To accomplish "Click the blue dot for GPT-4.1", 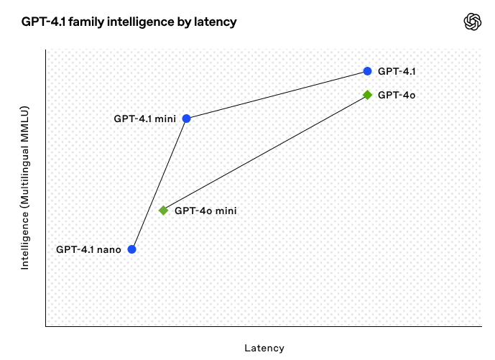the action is [367, 71].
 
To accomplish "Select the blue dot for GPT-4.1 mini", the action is [187, 119].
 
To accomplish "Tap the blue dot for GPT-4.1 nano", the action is [132, 249].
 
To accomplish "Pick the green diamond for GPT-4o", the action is [367, 95].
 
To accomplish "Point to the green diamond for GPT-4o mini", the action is [163, 211].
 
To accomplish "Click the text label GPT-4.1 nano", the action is [88, 250].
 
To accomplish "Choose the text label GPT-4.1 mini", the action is [145, 119].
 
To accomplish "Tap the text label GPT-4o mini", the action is [205, 211].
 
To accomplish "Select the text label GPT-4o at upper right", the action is [397, 95].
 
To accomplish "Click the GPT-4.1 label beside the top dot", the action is [397, 71].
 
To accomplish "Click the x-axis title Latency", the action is [264, 348].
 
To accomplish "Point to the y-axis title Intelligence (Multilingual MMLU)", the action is [24, 188].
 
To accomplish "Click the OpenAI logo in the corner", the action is [473, 22].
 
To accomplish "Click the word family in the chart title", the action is [86, 22].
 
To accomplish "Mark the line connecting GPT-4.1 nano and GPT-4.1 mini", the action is [159, 184].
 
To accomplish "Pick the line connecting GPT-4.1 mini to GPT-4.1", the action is [277, 95].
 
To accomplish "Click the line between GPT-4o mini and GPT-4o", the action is [265, 152].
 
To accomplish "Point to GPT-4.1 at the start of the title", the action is [44, 22].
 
